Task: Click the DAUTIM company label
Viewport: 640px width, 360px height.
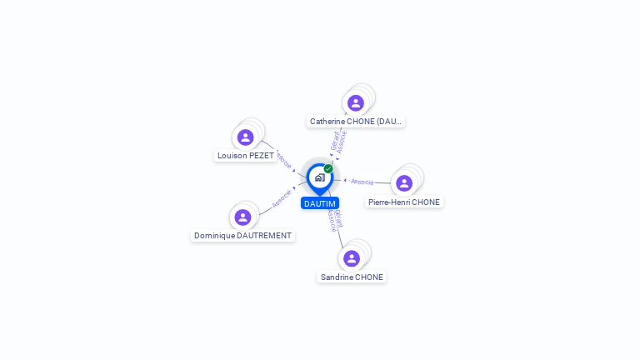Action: pos(320,203)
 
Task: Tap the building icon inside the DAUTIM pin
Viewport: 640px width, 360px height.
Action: pos(319,177)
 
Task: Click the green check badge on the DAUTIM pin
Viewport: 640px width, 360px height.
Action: pos(328,168)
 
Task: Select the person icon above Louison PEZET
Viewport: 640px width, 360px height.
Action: pos(245,137)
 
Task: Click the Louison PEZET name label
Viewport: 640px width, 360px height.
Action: pos(246,156)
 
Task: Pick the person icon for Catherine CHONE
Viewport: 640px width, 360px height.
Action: pos(356,102)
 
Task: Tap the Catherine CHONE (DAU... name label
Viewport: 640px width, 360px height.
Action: pos(356,122)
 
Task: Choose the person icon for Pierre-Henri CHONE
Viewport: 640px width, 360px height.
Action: pos(404,182)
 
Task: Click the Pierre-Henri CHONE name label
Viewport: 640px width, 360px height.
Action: pos(404,202)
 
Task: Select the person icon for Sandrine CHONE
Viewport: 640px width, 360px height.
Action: pos(352,257)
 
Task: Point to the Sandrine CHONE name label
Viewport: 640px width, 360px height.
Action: pos(352,277)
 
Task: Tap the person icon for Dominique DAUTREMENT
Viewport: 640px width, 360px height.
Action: pos(242,217)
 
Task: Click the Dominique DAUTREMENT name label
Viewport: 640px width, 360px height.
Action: pos(242,236)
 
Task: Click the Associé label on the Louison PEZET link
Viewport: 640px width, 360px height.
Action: pos(284,159)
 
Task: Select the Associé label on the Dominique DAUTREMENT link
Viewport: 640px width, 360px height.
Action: pos(282,198)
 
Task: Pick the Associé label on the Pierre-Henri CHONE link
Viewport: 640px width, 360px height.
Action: pos(362,181)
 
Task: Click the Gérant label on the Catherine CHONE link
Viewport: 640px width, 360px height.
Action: pos(334,140)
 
